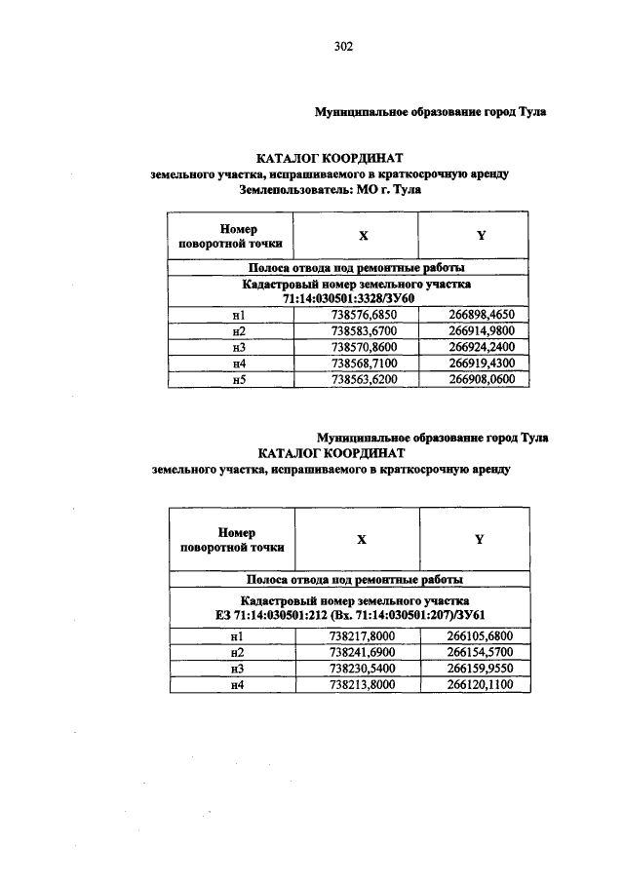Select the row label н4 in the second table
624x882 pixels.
(x=237, y=685)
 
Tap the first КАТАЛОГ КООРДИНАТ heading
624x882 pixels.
(x=329, y=158)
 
